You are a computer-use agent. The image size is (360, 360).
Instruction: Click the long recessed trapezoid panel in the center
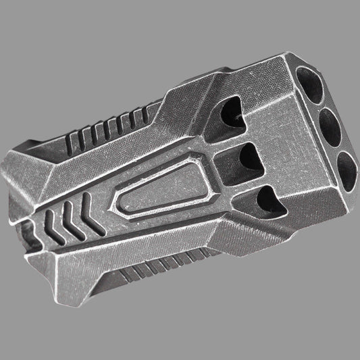[x=162, y=197]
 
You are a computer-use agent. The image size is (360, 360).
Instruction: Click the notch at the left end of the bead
[x=18, y=224]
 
